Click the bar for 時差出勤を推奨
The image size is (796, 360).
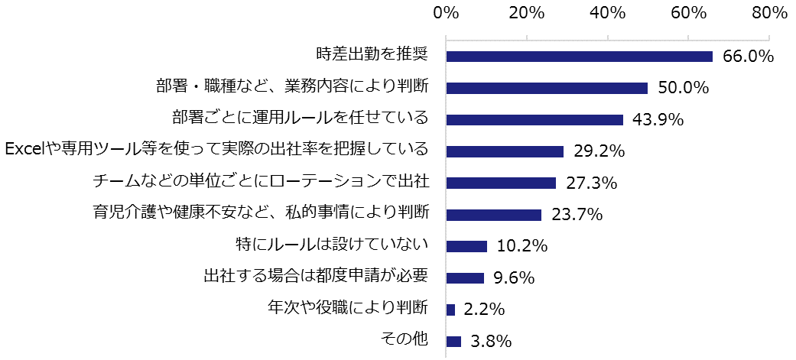(579, 57)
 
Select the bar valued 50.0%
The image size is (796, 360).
(547, 88)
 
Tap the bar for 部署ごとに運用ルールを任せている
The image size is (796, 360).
(534, 120)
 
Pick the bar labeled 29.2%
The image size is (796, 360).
(505, 151)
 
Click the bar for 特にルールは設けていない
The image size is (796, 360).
(466, 246)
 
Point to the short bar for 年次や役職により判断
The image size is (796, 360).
(450, 310)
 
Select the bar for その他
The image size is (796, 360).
(453, 341)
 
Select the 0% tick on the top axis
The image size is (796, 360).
(445, 13)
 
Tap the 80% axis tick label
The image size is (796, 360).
(768, 13)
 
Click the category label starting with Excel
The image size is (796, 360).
(217, 149)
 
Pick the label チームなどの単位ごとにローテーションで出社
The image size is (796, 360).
(259, 182)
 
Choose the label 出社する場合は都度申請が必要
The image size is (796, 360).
(315, 276)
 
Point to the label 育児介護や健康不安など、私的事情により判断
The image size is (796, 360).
(259, 213)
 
